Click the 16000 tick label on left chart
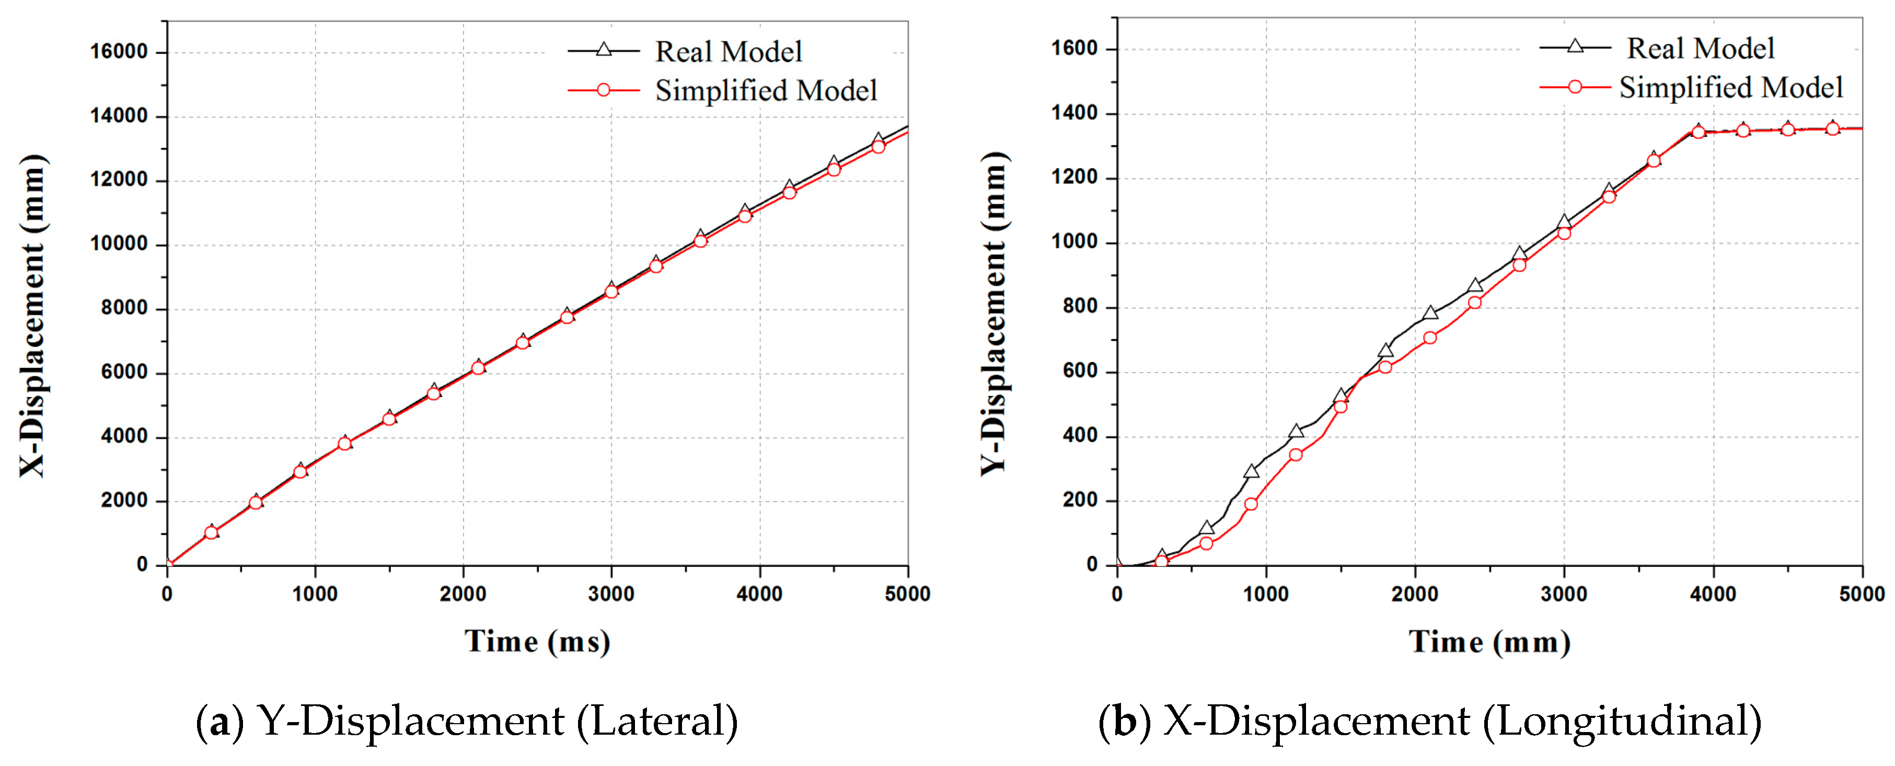[119, 52]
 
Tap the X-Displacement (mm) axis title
[32, 317]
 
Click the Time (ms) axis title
[537, 642]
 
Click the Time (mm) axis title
[1489, 642]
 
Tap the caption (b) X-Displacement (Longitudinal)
[1429, 721]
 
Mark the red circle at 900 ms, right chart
[1251, 504]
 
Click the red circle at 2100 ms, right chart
[1429, 338]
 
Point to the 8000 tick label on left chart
[123, 308]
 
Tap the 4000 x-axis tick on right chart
[1713, 594]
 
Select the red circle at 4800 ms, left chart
[877, 146]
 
